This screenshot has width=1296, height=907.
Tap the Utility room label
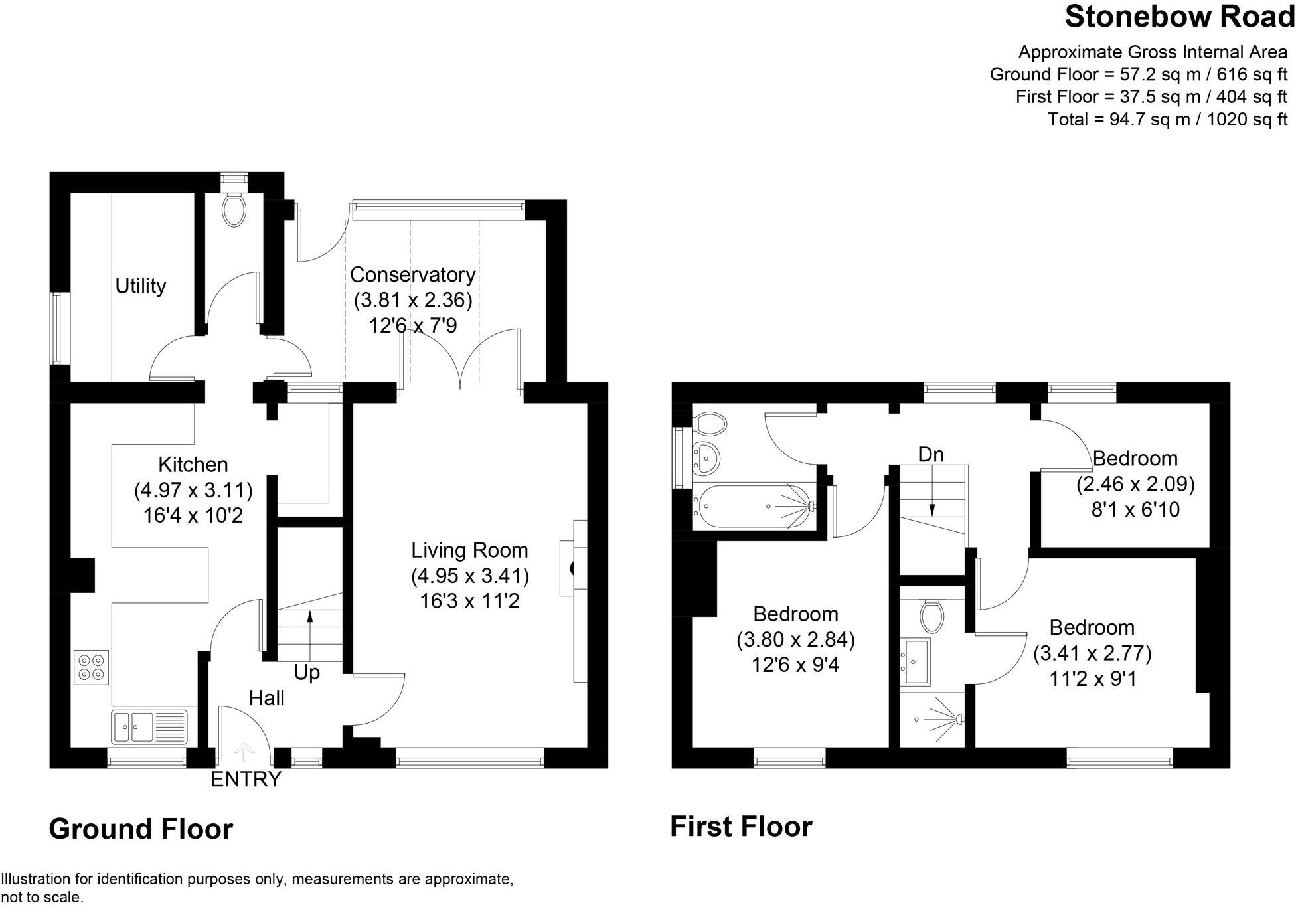(140, 286)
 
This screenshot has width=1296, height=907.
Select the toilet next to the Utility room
(233, 209)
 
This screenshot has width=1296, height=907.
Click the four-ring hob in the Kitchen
(92, 667)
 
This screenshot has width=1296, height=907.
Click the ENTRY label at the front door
(246, 779)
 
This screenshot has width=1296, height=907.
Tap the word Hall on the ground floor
(266, 698)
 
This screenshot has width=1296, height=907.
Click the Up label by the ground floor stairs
(307, 673)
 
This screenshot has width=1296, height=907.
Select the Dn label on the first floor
(931, 455)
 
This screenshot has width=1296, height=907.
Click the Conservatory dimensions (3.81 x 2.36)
(412, 300)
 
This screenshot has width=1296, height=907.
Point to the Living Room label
(469, 550)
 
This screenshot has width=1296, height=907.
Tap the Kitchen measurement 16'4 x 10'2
(193, 515)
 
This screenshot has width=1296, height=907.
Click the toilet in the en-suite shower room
(932, 616)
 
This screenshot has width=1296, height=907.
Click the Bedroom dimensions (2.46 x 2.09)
(1135, 484)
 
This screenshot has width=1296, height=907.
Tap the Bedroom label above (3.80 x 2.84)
(795, 614)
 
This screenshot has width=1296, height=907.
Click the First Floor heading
(741, 827)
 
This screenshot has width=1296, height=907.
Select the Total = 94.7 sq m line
(1167, 120)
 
